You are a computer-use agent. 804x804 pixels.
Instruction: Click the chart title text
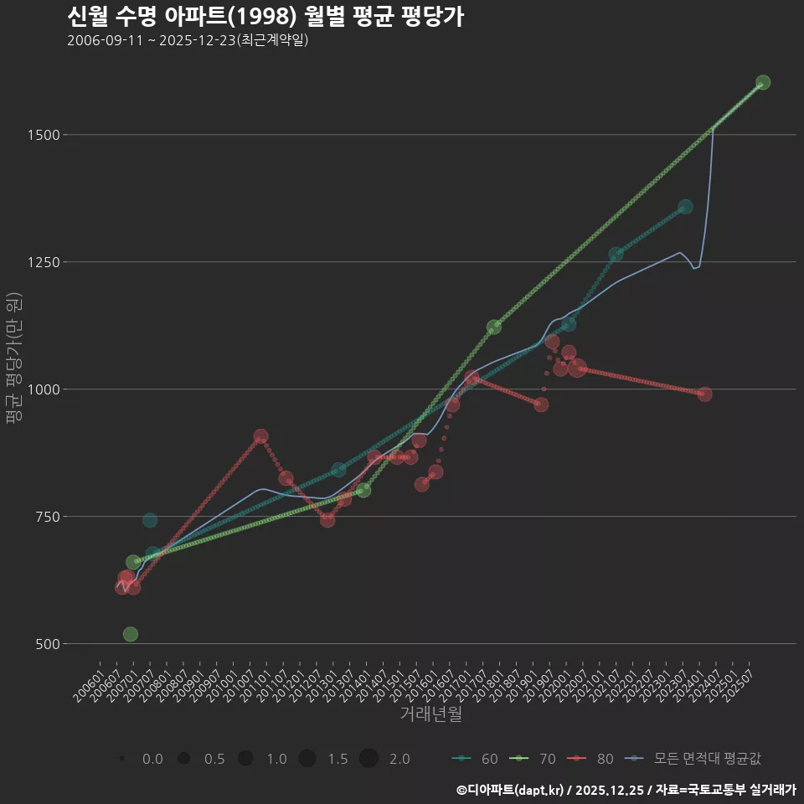point(265,17)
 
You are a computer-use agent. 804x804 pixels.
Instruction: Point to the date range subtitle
point(188,40)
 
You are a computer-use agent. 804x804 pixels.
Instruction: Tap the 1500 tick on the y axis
point(41,135)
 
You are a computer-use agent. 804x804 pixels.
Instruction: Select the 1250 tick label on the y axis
point(41,262)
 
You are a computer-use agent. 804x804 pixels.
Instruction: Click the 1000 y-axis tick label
point(41,389)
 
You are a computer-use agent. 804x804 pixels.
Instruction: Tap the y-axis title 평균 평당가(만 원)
point(13,361)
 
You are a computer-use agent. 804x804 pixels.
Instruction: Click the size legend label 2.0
point(399,759)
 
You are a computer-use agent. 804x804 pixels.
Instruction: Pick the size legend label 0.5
point(214,759)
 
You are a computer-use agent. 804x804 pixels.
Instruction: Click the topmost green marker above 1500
point(763,82)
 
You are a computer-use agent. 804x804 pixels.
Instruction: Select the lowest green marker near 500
point(130,634)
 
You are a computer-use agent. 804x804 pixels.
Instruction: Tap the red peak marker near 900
point(261,436)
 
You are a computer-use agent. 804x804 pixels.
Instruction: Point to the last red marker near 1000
point(705,394)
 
